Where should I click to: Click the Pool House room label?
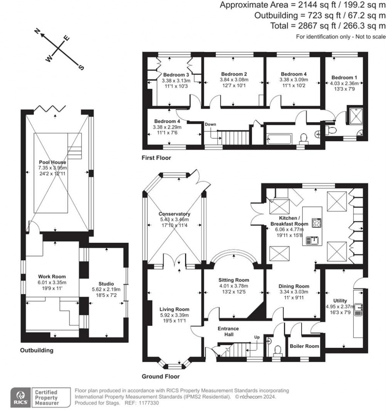pyautogui.click(x=55, y=162)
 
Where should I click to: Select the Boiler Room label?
pyautogui.click(x=304, y=346)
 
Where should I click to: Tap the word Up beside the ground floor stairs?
pyautogui.click(x=257, y=337)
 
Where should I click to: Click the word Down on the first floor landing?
pyautogui.click(x=210, y=124)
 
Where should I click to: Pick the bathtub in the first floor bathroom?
pyautogui.click(x=279, y=139)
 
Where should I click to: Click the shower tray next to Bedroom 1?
pyautogui.click(x=354, y=117)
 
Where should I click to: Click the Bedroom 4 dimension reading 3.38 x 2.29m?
pyautogui.click(x=167, y=127)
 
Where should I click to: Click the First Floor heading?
pyautogui.click(x=156, y=158)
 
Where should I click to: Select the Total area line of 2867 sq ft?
pyautogui.click(x=328, y=26)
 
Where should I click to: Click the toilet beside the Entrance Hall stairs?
pyautogui.click(x=278, y=351)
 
